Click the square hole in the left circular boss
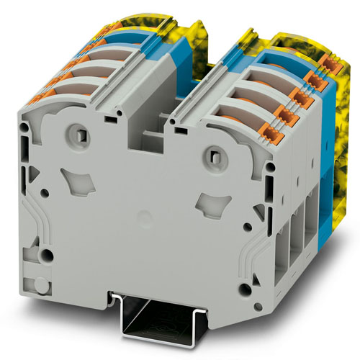point(74,133)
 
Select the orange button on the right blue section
point(312,79)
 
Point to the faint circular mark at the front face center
point(144,216)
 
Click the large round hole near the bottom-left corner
point(47,256)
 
